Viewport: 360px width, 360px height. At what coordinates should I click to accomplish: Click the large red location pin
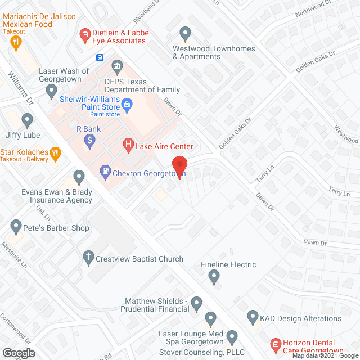coord(179,165)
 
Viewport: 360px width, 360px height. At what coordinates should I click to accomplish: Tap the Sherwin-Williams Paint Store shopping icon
coord(128,104)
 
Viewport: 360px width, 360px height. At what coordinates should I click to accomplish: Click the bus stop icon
coord(99,57)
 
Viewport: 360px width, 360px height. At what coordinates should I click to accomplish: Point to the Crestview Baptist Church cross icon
coord(88,258)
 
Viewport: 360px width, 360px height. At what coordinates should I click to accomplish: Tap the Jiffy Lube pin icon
coord(27,119)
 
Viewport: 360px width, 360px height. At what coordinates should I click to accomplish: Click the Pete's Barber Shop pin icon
coord(16,227)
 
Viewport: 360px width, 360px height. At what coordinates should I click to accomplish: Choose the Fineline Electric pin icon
coord(214,276)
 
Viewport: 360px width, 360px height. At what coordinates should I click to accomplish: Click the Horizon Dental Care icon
coord(276,344)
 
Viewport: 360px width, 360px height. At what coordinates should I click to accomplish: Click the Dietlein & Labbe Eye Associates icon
coord(84,37)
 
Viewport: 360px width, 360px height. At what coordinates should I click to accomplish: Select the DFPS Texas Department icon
coord(117,66)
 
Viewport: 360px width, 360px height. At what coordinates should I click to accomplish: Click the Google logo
coord(19,353)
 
